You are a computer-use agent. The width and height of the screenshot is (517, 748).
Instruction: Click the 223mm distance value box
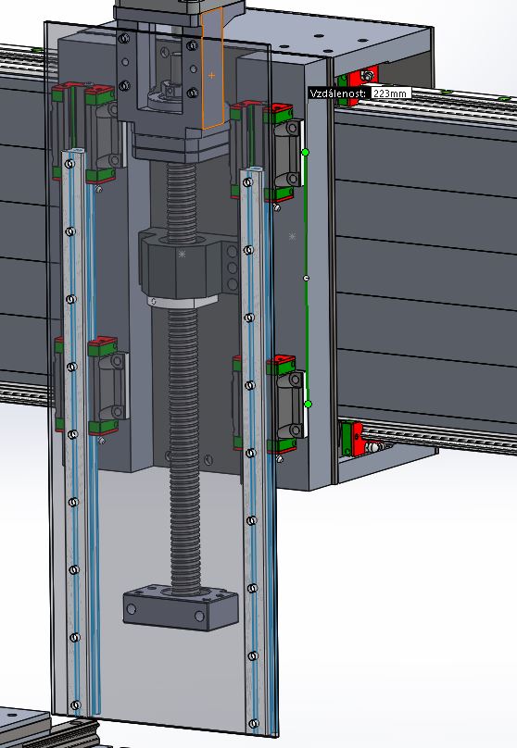click(x=390, y=93)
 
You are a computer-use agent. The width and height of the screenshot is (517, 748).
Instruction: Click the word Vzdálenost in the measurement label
click(x=338, y=93)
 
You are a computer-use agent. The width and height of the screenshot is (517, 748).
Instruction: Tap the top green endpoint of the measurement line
click(x=306, y=152)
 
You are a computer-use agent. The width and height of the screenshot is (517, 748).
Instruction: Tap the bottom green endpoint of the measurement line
click(x=308, y=404)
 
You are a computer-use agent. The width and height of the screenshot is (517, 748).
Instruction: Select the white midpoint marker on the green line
click(x=307, y=278)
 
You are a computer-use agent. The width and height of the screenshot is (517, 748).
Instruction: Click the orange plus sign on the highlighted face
click(x=211, y=75)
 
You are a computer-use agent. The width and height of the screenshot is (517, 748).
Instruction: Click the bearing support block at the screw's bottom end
click(x=181, y=607)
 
